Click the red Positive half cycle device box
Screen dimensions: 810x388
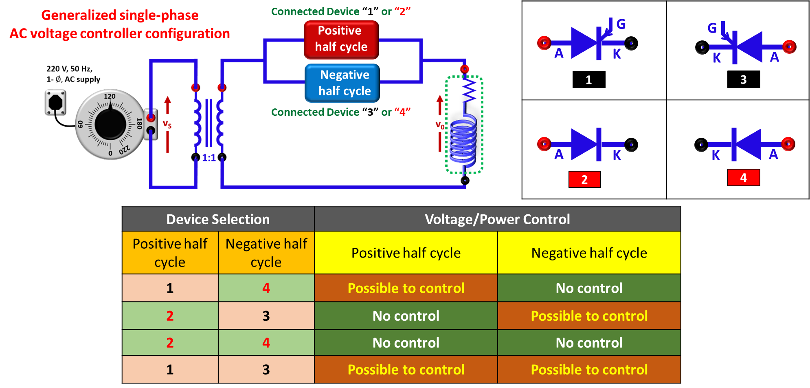tap(341, 40)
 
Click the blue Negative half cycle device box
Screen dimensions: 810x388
tap(342, 83)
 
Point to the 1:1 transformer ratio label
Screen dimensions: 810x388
tap(209, 158)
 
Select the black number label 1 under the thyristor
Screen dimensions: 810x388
tap(589, 79)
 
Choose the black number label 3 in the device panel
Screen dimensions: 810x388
tap(744, 79)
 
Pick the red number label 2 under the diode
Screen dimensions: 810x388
tap(585, 179)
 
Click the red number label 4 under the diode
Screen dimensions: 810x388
tap(744, 178)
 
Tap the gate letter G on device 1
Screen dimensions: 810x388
tap(621, 24)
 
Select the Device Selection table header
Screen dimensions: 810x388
tap(218, 219)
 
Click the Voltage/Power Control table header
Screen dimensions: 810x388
tap(498, 219)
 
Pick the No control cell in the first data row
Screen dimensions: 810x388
tap(589, 288)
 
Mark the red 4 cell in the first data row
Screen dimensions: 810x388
tap(266, 288)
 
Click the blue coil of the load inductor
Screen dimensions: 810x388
tap(464, 141)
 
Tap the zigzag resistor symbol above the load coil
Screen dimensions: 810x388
tap(469, 90)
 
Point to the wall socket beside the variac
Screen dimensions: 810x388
tap(55, 102)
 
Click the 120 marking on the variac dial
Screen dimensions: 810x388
tap(110, 97)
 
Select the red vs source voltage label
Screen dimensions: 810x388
tap(167, 124)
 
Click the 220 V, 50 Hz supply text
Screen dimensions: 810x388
tap(70, 69)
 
